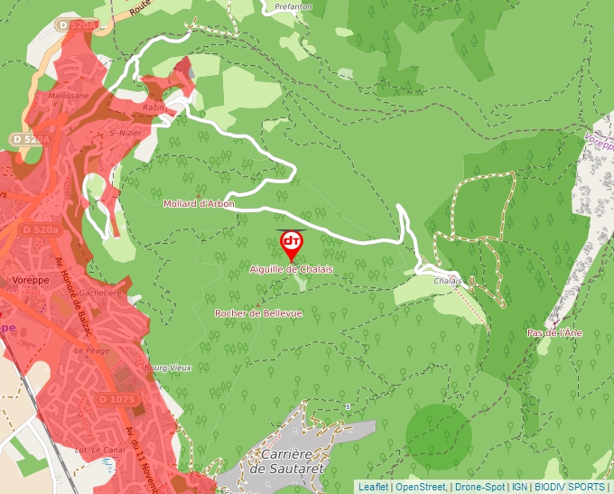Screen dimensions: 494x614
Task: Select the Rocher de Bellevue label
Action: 258,313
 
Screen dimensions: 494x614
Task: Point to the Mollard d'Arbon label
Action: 199,204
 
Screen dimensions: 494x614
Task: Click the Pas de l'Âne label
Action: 554,333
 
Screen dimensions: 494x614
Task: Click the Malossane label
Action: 70,95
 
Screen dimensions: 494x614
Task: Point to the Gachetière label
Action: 99,293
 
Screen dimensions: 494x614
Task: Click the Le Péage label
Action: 91,350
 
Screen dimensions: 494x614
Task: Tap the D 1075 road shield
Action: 116,399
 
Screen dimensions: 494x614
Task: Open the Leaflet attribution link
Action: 373,487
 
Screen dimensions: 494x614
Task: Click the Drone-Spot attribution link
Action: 479,487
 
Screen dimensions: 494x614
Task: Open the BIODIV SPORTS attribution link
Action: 569,487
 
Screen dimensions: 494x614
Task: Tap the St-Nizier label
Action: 124,134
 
